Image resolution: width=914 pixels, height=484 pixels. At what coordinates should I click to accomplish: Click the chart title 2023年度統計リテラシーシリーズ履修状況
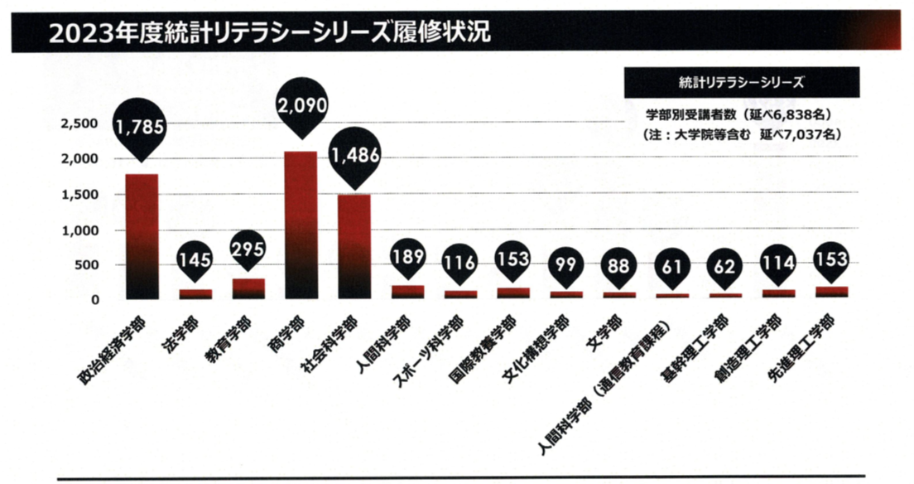tap(269, 31)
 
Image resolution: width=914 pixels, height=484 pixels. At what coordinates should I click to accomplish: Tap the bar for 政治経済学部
tap(141, 236)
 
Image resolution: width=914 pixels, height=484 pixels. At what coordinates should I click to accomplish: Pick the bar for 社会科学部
tap(354, 247)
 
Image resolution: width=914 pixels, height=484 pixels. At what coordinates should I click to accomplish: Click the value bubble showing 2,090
tap(301, 105)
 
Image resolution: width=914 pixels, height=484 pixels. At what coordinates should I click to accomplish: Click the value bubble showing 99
tap(566, 265)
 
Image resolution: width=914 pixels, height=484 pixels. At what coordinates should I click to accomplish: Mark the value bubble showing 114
tap(778, 263)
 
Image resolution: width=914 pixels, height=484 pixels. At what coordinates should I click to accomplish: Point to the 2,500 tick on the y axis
tap(79, 123)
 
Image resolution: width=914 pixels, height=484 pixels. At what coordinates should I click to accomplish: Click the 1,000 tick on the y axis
tap(79, 230)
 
